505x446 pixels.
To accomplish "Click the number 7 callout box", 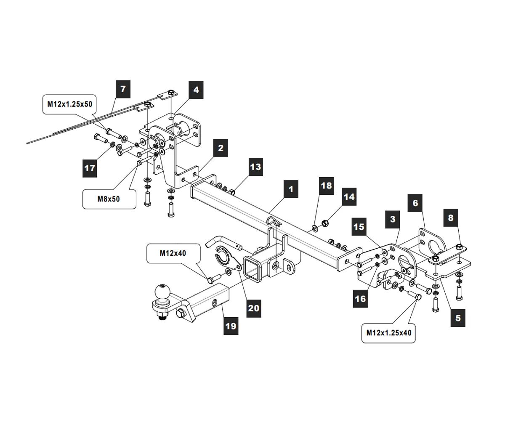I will (x=123, y=89).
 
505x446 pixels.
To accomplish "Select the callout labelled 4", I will (x=196, y=90).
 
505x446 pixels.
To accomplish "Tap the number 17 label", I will (x=90, y=168).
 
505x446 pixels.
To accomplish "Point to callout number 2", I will (x=221, y=148).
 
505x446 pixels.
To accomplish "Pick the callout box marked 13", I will (x=255, y=167).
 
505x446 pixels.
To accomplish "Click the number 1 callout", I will (x=291, y=189).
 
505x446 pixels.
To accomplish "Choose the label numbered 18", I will (x=326, y=186).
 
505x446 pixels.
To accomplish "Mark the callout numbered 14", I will (x=349, y=196).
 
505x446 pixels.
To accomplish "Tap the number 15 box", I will (x=359, y=227).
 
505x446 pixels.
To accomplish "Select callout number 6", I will (x=415, y=203).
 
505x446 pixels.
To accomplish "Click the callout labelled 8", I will (x=451, y=218).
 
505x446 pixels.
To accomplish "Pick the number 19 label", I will (x=231, y=325).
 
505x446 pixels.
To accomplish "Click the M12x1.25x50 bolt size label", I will (x=69, y=104).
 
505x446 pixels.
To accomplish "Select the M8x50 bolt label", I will (x=109, y=199).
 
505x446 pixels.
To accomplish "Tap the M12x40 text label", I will (x=173, y=253).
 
